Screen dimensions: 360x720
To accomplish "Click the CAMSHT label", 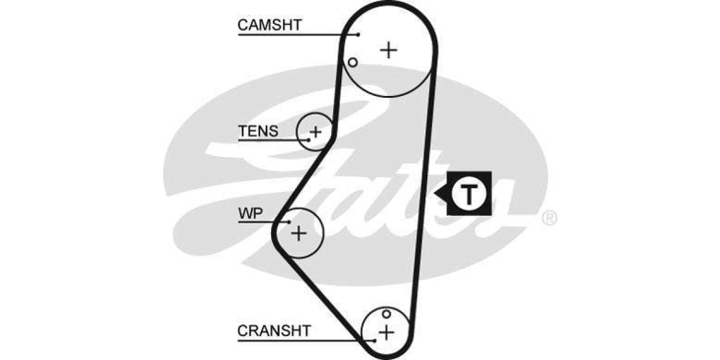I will [269, 25].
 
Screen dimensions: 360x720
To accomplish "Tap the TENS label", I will [258, 131].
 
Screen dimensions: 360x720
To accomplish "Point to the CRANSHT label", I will [274, 331].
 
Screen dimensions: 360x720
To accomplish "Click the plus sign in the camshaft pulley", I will [389, 49].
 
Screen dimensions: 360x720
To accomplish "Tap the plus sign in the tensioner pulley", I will [316, 130].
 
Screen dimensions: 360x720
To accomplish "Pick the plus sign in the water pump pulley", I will [298, 233].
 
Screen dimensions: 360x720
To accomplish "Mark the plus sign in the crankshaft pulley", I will [386, 331].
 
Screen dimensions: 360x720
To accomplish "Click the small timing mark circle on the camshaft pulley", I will [353, 62].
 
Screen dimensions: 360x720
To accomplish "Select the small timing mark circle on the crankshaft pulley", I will [386, 314].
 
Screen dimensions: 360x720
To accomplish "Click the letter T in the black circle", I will [470, 194].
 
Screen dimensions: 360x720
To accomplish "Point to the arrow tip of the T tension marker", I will [436, 194].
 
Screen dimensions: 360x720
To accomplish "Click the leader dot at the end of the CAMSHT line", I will [358, 34].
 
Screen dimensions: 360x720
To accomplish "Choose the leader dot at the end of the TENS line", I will [309, 140].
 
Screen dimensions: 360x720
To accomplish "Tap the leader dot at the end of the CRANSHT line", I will [374, 340].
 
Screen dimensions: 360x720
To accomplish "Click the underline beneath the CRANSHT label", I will [300, 340].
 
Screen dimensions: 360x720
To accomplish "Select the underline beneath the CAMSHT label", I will [294, 34].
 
